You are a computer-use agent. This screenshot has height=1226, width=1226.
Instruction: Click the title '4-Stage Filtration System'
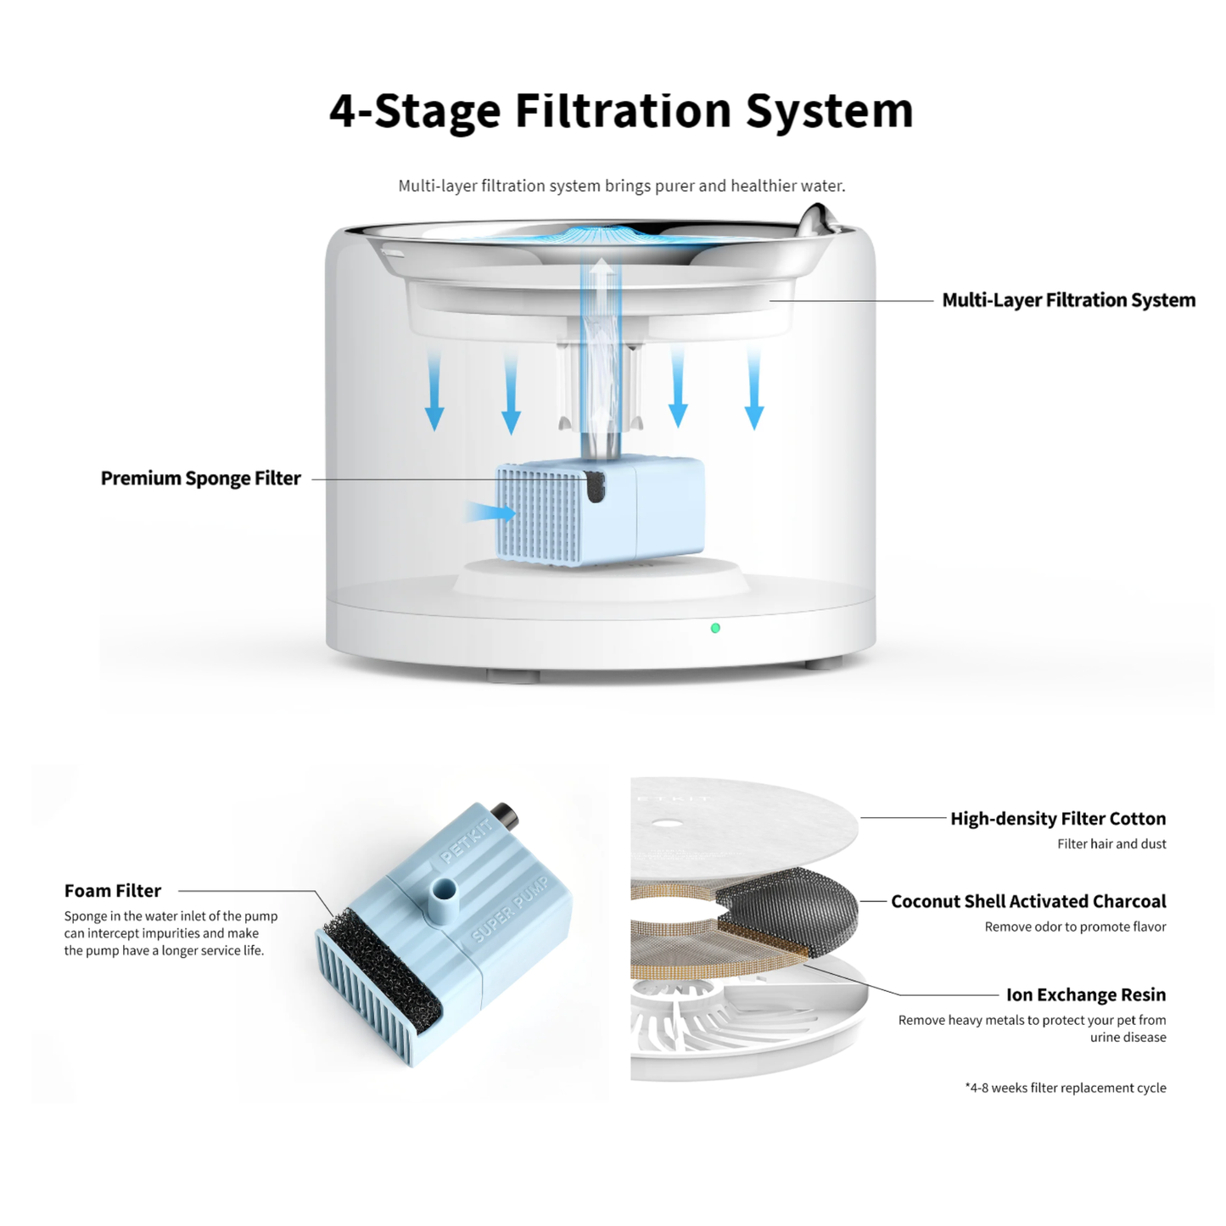pos(621,112)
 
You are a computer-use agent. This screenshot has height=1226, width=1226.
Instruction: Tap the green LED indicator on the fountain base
pos(715,628)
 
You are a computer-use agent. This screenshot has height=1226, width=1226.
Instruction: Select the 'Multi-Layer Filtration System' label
pos(1068,300)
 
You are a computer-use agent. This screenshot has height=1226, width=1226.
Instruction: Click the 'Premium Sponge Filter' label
pos(200,479)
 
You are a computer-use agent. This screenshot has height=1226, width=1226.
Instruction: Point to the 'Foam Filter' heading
pos(113,891)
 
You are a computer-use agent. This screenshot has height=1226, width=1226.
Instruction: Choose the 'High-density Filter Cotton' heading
pos(1058,819)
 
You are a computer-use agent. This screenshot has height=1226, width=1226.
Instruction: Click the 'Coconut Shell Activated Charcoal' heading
pos(1028,902)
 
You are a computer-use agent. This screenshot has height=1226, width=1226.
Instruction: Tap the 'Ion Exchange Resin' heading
pos(1086,994)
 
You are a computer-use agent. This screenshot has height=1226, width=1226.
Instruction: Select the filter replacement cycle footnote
pos(1066,1088)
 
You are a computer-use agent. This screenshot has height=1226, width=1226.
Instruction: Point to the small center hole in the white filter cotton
pos(665,823)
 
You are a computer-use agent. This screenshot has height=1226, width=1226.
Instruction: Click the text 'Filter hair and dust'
pos(1111,844)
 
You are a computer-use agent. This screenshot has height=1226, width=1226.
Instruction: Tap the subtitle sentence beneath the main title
pos(622,186)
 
